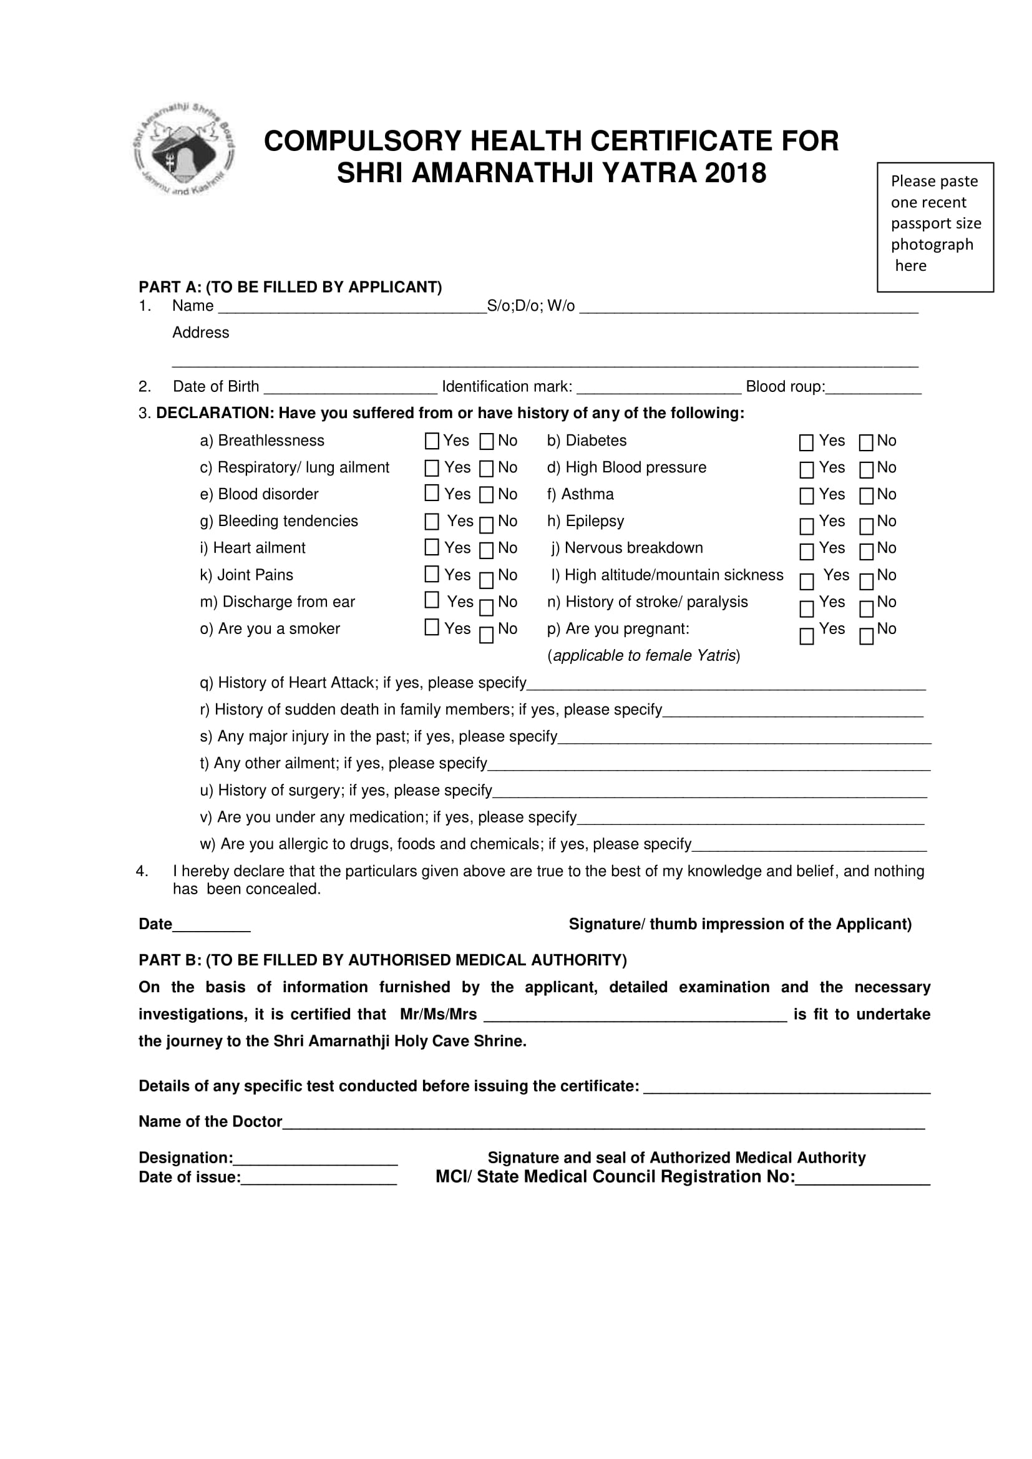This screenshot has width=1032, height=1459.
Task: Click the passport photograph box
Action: click(x=935, y=227)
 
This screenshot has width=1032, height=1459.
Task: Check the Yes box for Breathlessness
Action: click(x=432, y=441)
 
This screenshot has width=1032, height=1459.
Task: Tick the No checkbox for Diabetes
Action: click(x=865, y=443)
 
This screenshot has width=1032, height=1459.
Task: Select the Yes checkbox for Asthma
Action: click(x=806, y=496)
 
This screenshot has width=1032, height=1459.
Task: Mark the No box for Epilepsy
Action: click(x=865, y=526)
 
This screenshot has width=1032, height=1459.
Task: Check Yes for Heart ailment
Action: click(x=432, y=547)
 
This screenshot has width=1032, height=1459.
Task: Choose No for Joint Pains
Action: click(x=487, y=580)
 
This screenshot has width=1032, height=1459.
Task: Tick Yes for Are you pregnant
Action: click(x=806, y=636)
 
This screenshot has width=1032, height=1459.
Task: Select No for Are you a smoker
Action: click(x=487, y=635)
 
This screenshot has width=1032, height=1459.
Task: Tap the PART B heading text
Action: click(x=382, y=960)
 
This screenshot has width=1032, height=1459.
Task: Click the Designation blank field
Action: click(x=315, y=1158)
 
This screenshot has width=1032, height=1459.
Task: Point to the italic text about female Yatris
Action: click(x=643, y=656)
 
